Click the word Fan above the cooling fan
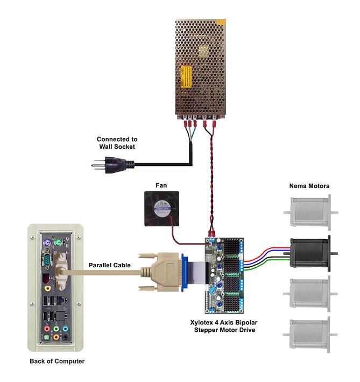click(x=161, y=185)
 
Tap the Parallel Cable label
click(x=109, y=265)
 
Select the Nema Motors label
click(x=309, y=186)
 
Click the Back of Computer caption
click(x=57, y=361)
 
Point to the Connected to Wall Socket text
click(x=117, y=143)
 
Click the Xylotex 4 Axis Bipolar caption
click(x=224, y=323)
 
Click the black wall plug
click(x=113, y=165)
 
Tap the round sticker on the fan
click(x=163, y=209)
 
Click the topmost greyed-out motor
click(x=310, y=212)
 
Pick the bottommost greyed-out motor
click(x=310, y=335)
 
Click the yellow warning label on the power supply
click(x=186, y=77)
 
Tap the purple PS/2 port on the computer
click(x=47, y=243)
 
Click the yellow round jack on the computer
click(x=48, y=289)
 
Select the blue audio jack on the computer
click(x=65, y=329)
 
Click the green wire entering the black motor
click(x=267, y=265)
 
